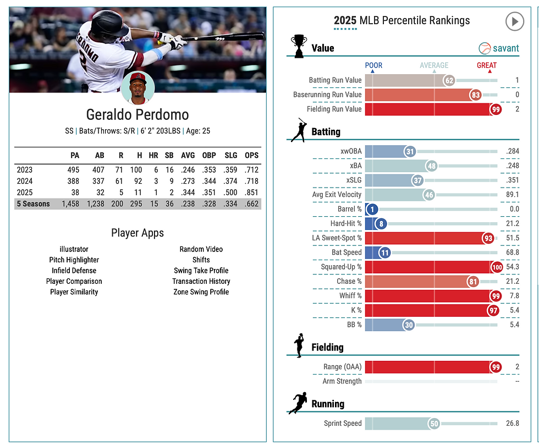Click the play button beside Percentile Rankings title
[x=514, y=21]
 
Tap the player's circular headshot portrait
[x=137, y=87]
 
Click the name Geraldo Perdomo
[x=137, y=115]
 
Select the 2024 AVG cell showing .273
[x=188, y=181]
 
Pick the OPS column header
[x=251, y=155]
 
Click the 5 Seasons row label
[x=33, y=204]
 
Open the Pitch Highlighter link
[x=74, y=260]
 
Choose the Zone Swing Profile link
[x=201, y=292]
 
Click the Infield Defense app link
[x=74, y=270]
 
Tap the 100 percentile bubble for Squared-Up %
[x=497, y=267]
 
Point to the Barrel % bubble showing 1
[x=373, y=210]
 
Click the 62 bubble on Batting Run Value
[x=449, y=80]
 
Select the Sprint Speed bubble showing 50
[x=433, y=424]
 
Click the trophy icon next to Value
[x=299, y=46]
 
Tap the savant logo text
[x=505, y=48]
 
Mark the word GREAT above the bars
[x=486, y=65]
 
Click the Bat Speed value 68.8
[x=512, y=252]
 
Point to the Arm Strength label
[x=342, y=381]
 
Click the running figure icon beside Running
[x=298, y=403]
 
